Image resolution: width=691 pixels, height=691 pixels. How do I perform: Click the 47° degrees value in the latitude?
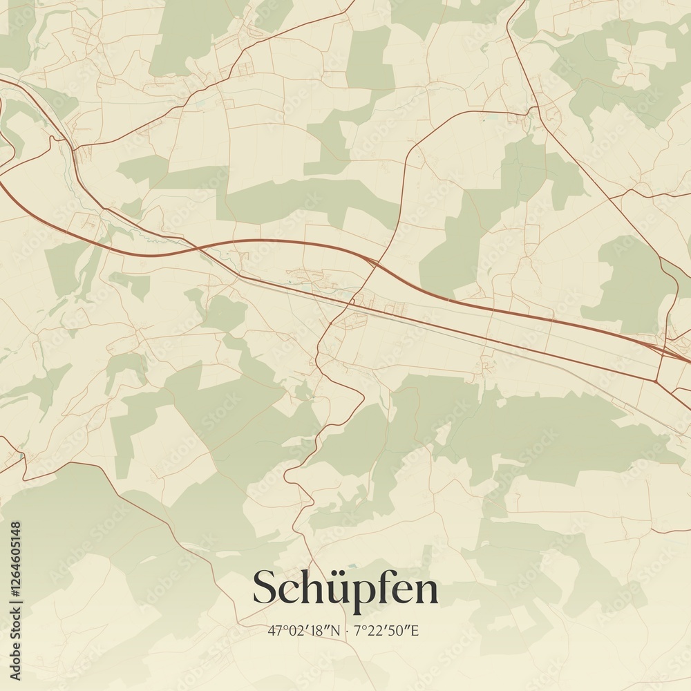click(276, 630)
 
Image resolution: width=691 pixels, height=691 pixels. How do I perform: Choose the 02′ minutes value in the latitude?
click(296, 630)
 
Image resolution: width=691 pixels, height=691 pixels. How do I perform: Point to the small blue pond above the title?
click(355, 565)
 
